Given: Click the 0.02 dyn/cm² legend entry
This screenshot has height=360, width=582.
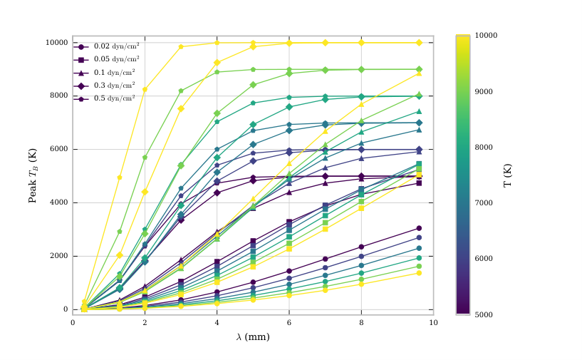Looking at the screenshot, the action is point(107,46).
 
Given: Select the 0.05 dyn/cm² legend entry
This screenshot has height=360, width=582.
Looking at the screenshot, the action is point(107,59).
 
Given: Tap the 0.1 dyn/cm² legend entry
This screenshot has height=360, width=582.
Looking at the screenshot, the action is point(104,73).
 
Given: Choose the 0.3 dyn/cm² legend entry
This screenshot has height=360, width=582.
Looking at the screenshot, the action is point(104,86).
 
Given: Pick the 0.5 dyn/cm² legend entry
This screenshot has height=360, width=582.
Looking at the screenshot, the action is point(104,98).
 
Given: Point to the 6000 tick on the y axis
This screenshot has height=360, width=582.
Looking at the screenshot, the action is point(59,149).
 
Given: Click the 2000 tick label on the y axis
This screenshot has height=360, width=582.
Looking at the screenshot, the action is point(59,256).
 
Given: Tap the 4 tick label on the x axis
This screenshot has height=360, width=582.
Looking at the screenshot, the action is point(217,323).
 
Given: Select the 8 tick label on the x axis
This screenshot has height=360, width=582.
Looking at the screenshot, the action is point(361,323).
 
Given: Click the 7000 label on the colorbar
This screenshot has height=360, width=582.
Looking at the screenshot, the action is point(484,203).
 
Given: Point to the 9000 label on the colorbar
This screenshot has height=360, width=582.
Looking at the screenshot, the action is point(484,92).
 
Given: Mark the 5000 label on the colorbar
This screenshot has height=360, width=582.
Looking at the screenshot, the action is point(484,314).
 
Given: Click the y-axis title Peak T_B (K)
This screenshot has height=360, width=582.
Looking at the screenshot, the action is point(33,176).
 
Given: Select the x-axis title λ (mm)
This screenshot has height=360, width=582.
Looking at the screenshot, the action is point(253,337).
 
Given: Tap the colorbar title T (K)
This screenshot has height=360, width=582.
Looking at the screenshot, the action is point(507,175).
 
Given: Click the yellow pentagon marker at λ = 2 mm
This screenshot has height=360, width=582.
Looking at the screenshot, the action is point(145,89).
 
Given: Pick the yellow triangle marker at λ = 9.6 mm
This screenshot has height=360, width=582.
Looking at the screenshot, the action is point(419,73).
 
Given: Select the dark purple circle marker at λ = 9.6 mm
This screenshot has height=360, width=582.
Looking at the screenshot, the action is point(419,228).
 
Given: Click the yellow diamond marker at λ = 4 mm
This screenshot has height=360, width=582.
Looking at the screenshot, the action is point(217,63).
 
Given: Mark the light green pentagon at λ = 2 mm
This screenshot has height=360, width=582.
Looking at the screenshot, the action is point(145,158).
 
